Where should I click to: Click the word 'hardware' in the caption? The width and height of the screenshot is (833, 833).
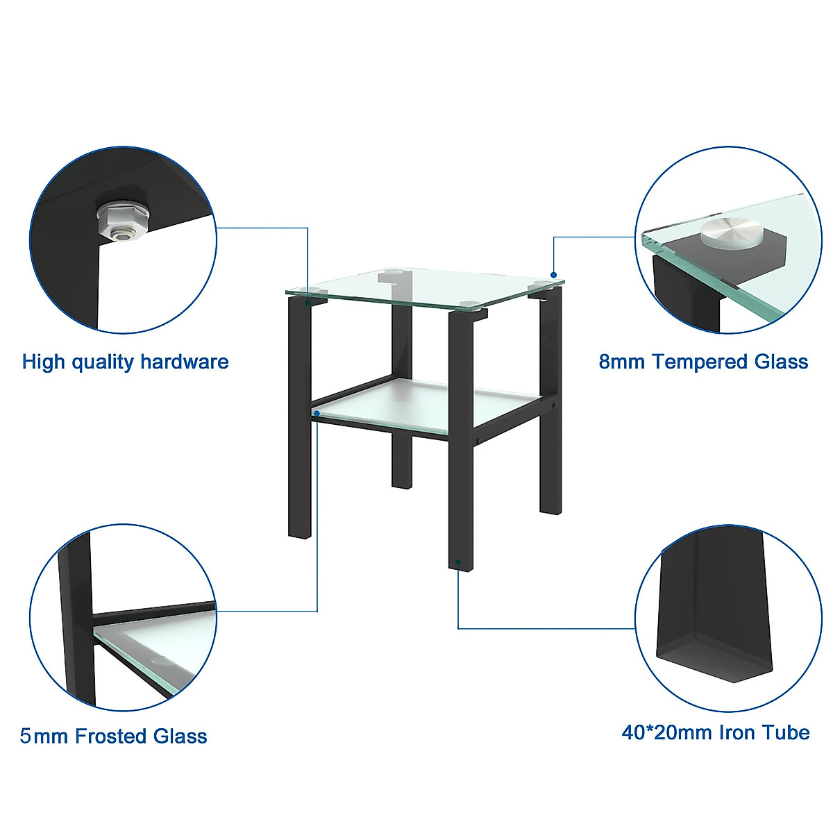coord(184,362)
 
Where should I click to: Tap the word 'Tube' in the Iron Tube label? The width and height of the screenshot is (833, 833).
coord(786,732)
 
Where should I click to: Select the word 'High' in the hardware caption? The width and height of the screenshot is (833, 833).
coord(44,362)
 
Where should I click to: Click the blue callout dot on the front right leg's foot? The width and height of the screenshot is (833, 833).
coord(458,559)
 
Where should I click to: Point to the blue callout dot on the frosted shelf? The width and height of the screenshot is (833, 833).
coord(317,413)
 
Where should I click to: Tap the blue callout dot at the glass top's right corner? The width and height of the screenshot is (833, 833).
coord(553,274)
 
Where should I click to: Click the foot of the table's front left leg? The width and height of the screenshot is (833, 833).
coord(299,531)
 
